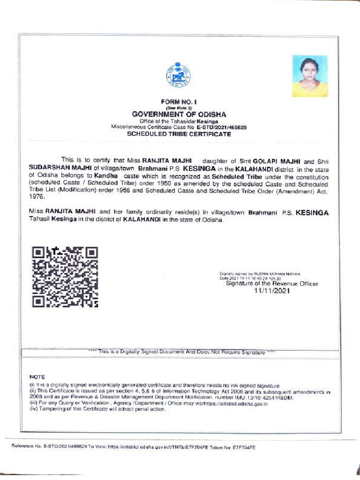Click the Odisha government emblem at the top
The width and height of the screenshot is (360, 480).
178,75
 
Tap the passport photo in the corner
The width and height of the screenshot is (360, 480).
310,76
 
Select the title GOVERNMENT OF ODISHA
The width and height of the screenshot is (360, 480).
179,114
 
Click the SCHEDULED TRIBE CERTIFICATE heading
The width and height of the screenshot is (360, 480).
180,134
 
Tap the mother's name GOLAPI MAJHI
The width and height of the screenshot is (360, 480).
273,160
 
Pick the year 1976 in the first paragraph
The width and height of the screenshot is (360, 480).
37,198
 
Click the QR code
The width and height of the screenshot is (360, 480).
65,277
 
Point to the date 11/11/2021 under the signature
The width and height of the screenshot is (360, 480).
272,291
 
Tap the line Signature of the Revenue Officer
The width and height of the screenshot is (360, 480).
272,284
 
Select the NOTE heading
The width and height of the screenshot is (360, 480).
37,377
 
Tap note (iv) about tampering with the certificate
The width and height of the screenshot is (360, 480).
98,409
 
